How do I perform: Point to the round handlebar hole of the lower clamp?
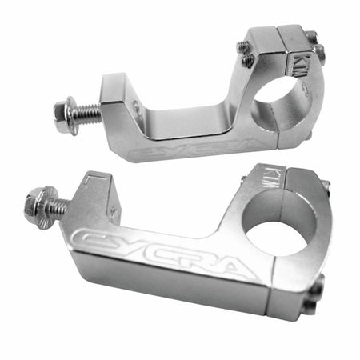(276, 234)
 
